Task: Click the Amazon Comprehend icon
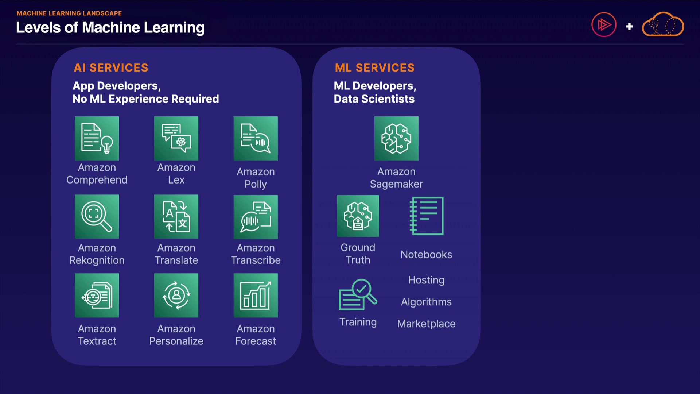(97, 138)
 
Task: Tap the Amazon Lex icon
(176, 138)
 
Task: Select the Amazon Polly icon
(256, 138)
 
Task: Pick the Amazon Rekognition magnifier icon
(97, 217)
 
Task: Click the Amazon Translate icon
(176, 217)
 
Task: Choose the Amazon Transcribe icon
(256, 217)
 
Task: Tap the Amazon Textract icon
(97, 295)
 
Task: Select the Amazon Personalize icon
(176, 295)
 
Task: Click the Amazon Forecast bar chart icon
(256, 295)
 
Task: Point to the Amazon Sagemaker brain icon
(396, 138)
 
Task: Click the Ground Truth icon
(358, 216)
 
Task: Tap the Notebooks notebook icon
(427, 216)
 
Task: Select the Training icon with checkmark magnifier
(358, 295)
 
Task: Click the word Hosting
(426, 280)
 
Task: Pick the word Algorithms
(426, 302)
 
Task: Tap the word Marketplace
(426, 324)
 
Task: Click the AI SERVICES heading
(111, 68)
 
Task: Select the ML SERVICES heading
(374, 68)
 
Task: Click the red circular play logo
(604, 25)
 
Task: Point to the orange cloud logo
(663, 25)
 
